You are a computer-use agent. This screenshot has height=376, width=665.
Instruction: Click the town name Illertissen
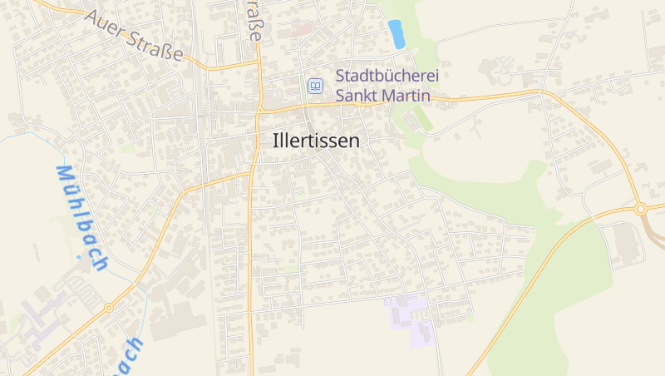317,141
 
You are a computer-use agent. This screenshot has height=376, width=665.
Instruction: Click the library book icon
315,86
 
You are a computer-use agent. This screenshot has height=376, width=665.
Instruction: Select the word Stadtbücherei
387,76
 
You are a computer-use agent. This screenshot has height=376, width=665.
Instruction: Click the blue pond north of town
397,33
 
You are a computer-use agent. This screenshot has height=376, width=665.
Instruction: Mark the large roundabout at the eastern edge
641,209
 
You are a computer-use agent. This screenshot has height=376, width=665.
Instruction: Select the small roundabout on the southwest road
109,307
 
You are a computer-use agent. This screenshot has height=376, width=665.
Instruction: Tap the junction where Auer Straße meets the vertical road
259,62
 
